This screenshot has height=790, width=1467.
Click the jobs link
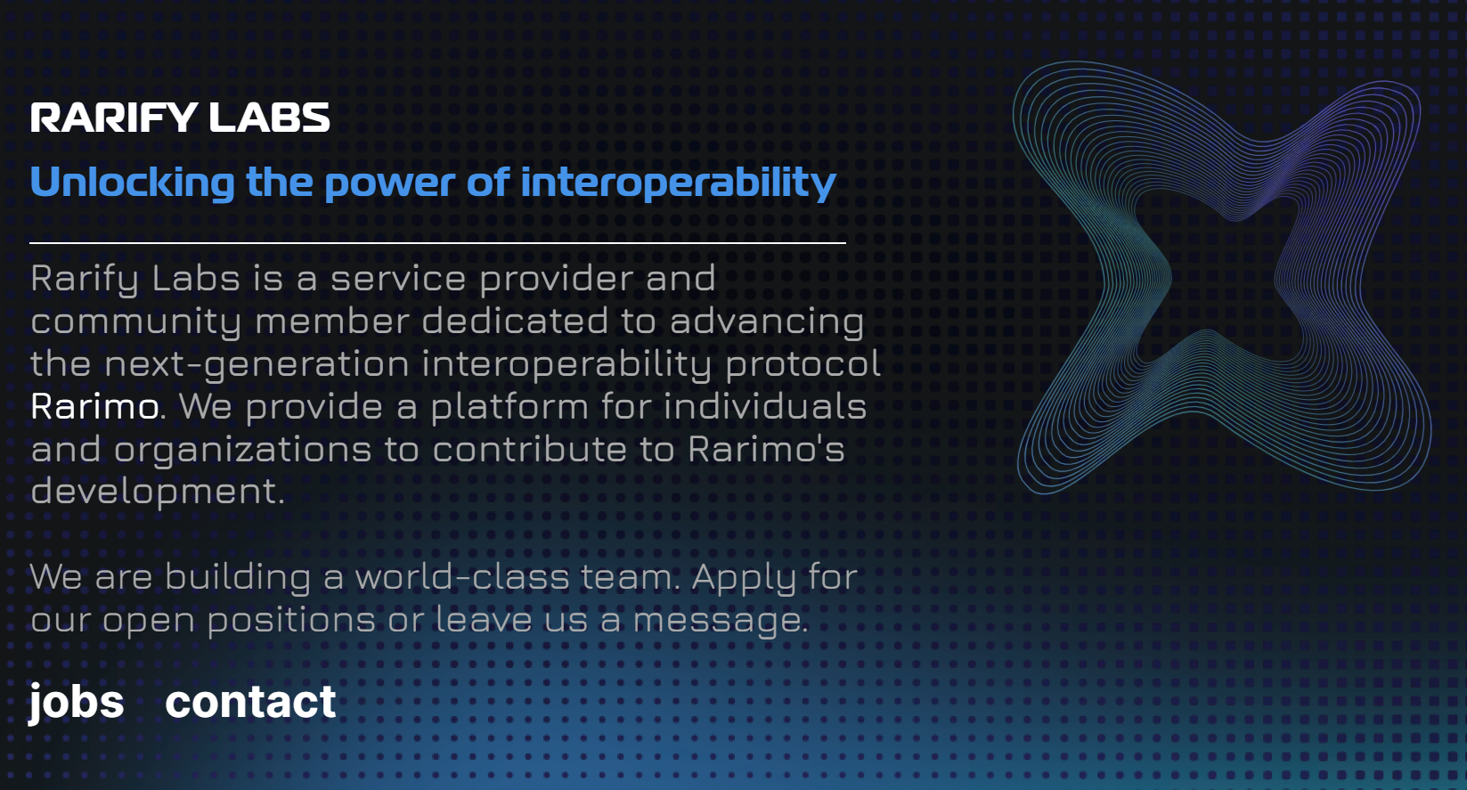pyautogui.click(x=76, y=702)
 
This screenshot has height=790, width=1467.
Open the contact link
pyautogui.click(x=250, y=701)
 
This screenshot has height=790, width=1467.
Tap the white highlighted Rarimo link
pyautogui.click(x=94, y=406)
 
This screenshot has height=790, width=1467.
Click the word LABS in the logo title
pyautogui.click(x=269, y=118)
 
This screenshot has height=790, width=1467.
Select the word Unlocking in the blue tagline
pyautogui.click(x=133, y=182)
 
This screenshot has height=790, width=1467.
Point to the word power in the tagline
pyautogui.click(x=389, y=184)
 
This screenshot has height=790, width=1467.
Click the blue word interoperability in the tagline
pyautogui.click(x=679, y=182)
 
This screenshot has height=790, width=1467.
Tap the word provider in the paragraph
pyautogui.click(x=556, y=280)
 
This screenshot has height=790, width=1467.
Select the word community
pyautogui.click(x=136, y=322)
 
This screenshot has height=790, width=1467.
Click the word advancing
pyautogui.click(x=767, y=322)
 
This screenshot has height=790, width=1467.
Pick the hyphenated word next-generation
pyautogui.click(x=257, y=365)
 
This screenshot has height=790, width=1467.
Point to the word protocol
pyautogui.click(x=803, y=365)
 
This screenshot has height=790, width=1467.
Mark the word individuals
pyautogui.click(x=765, y=406)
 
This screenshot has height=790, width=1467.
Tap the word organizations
pyautogui.click(x=242, y=451)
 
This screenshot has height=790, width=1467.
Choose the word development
pyautogui.click(x=157, y=493)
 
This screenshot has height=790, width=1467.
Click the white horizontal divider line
pyautogui.click(x=437, y=243)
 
